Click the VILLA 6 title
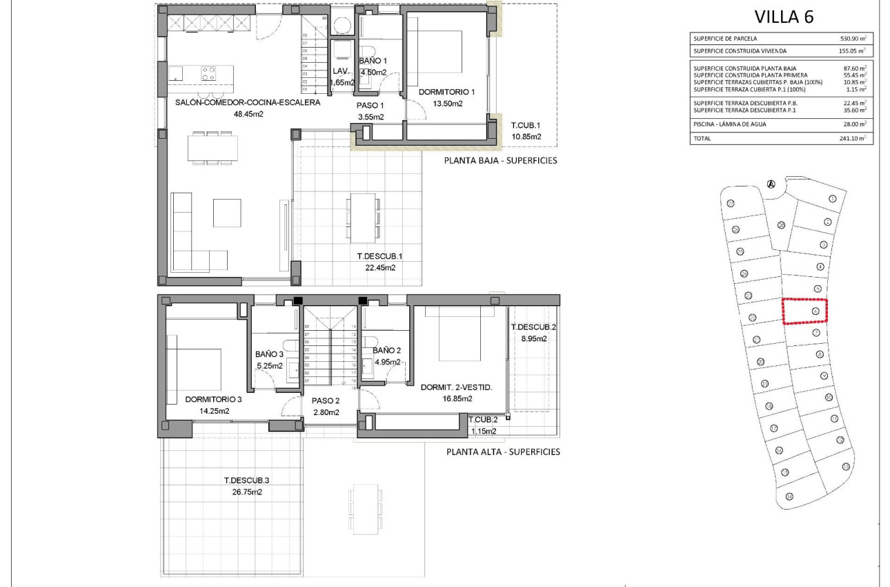[x=784, y=17]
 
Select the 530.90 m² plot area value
[x=851, y=39]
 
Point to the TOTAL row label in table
[x=702, y=139]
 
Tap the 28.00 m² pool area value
[x=851, y=124]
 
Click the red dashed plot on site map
[x=804, y=311]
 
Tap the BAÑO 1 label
[x=373, y=61]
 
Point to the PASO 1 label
[x=370, y=105]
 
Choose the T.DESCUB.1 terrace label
[x=379, y=256]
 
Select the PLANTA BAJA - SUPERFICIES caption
[x=501, y=161]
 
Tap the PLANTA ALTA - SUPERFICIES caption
[x=503, y=452]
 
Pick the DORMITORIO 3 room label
[x=213, y=399]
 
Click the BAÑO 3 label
[x=270, y=355]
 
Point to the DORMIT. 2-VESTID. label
[x=456, y=387]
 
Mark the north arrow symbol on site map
[x=771, y=184]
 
